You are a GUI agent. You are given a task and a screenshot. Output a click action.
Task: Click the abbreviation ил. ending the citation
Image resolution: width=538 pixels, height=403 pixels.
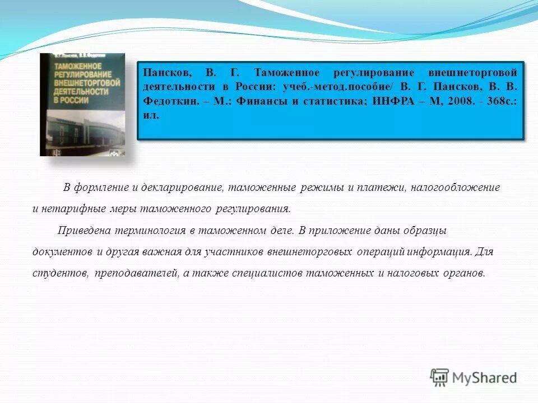(x=151, y=115)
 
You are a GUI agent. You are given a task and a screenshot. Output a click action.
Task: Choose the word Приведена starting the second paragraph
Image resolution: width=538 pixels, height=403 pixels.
(x=85, y=231)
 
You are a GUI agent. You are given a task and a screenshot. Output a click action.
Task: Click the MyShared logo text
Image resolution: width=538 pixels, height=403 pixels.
(x=485, y=378)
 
